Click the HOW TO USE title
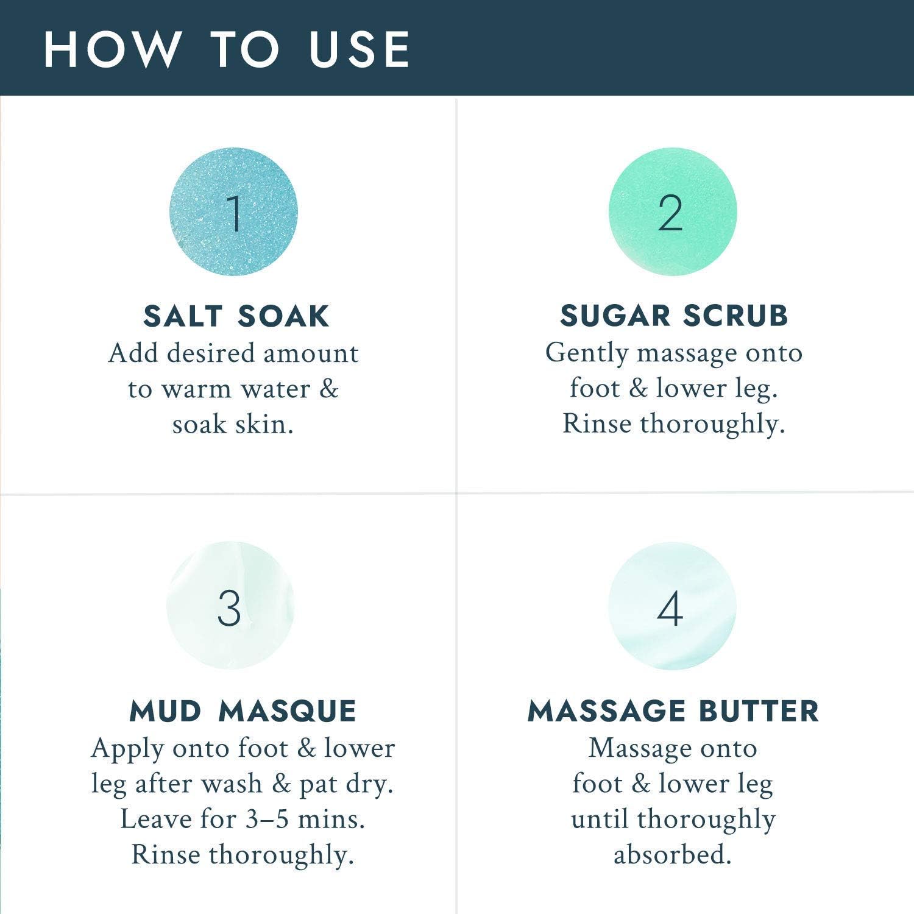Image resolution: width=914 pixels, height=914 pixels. click(227, 49)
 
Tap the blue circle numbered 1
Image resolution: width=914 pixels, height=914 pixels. click(233, 211)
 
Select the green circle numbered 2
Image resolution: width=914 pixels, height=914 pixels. click(673, 211)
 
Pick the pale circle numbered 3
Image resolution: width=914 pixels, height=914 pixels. click(230, 605)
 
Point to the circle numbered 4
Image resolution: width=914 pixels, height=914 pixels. click(672, 605)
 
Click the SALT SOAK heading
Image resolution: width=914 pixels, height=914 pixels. click(236, 316)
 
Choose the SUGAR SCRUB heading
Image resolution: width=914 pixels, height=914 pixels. click(674, 316)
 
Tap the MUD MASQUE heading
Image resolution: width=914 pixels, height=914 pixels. click(243, 711)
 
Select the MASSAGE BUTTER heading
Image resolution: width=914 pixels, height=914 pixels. click(673, 711)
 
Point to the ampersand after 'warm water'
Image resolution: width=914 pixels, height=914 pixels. click(328, 389)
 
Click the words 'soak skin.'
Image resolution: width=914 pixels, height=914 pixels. click(233, 424)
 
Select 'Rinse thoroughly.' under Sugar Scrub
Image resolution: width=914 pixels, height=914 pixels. click(673, 425)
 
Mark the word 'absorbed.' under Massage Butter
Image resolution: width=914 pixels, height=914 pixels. click(672, 854)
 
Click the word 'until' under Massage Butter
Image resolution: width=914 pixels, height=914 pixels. click(600, 819)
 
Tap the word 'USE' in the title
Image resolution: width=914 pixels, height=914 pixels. click(360, 49)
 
